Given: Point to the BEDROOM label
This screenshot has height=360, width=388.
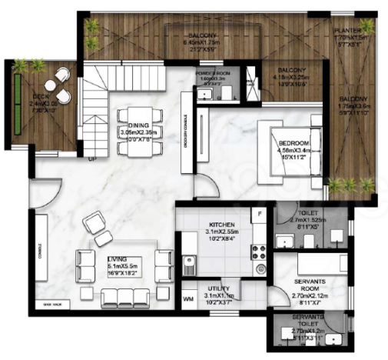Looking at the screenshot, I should (293, 144).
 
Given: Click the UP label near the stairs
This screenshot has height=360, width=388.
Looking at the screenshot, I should (94, 159).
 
